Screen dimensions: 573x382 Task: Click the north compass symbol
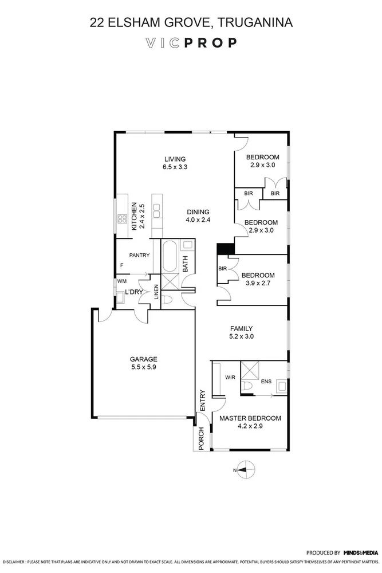pyautogui.click(x=243, y=470)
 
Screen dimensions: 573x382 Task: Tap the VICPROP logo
pyautogui.click(x=191, y=42)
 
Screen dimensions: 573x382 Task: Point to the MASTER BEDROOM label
pyautogui.click(x=250, y=418)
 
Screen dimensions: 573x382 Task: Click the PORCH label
pyautogui.click(x=202, y=438)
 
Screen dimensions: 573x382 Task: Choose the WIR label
pyautogui.click(x=231, y=378)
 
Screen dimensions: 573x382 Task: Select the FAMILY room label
pyautogui.click(x=241, y=328)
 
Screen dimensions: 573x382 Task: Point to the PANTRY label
pyautogui.click(x=139, y=255)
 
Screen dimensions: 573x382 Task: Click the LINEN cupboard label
pyautogui.click(x=156, y=292)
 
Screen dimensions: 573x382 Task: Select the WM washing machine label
pyautogui.click(x=121, y=281)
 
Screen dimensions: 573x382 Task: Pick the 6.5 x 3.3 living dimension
pyautogui.click(x=175, y=167)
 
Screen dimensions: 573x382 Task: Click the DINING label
pyautogui.click(x=197, y=211)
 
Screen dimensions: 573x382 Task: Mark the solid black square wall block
pyautogui.click(x=226, y=249)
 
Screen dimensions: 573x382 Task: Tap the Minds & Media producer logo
pyautogui.click(x=360, y=553)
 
